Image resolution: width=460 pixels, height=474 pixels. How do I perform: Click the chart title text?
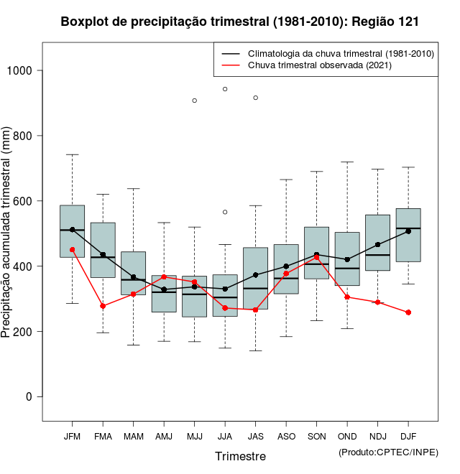point(240,22)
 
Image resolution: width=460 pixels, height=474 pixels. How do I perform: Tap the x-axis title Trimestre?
point(240,456)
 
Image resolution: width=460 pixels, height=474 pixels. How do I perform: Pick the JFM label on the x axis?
point(72,436)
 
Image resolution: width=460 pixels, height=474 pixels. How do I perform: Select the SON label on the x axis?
point(317,436)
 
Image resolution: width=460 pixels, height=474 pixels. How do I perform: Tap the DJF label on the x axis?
point(408,436)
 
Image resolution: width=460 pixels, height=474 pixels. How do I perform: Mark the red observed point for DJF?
point(408,312)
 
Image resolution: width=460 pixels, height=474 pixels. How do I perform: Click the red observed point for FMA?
point(103,306)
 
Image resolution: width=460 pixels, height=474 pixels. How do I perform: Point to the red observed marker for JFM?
point(72,250)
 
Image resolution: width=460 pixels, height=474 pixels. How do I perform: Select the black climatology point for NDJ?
point(378,245)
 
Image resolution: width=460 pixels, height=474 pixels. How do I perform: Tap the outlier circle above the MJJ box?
point(195,101)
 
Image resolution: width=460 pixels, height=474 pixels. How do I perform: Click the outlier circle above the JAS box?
point(256,98)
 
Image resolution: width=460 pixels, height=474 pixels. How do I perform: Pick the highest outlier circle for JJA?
point(225,89)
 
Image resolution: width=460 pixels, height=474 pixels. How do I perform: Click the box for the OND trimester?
point(347,259)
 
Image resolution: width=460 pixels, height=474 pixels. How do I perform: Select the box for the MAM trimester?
point(134,273)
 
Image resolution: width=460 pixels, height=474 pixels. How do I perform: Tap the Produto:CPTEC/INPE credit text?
point(388,452)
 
